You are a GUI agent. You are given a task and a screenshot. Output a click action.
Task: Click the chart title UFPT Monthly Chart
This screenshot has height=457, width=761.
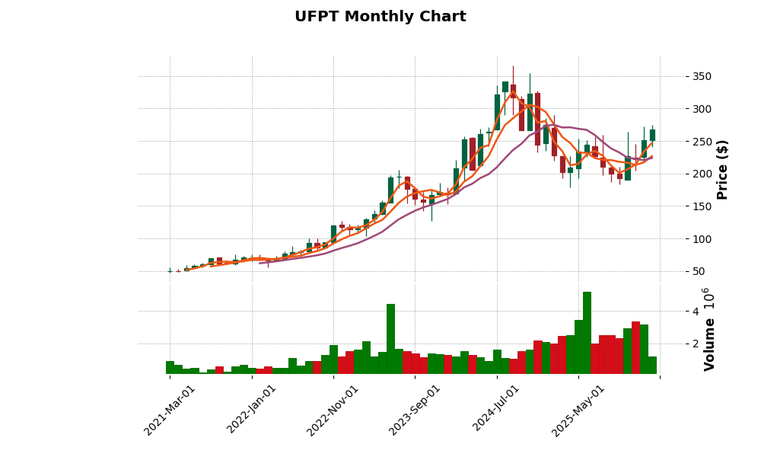380,17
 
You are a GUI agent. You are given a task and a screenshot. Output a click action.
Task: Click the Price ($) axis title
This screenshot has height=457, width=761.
722,169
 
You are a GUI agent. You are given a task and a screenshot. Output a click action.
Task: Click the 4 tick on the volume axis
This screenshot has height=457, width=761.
673,311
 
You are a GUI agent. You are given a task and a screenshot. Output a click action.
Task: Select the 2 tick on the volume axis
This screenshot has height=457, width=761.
673,344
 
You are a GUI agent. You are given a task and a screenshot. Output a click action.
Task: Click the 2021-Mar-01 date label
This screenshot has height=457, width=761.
170,411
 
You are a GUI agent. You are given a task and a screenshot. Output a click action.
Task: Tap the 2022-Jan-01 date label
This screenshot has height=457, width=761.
252,411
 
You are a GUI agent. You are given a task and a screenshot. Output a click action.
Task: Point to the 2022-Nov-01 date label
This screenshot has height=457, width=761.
333,411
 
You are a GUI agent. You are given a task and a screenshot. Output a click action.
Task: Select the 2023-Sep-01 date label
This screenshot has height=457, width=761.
415,411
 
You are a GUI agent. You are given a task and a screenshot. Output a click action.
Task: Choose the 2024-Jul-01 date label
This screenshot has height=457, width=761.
497,411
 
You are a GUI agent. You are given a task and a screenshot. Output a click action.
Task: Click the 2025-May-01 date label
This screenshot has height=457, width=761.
578,411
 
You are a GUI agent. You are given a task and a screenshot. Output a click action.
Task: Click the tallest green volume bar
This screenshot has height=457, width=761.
587,333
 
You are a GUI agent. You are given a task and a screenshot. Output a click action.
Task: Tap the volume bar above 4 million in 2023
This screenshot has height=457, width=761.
390,339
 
